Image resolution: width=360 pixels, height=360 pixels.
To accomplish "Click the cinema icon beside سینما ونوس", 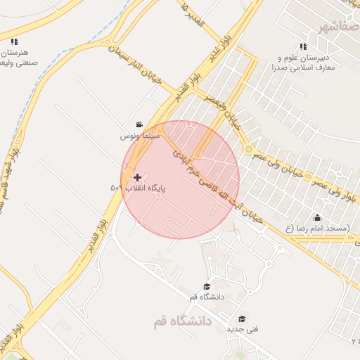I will point(139,123).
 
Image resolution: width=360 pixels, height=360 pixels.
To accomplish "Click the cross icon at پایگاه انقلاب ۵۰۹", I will point(136,177).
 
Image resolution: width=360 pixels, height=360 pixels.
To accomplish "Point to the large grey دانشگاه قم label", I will point(176,321).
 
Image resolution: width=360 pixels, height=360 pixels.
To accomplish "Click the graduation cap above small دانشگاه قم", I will point(207,286).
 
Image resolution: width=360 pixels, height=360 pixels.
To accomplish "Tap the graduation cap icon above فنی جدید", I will point(243,318).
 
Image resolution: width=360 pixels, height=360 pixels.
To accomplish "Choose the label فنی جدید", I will point(243,328).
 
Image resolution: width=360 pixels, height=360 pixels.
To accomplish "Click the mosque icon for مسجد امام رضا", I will point(317,217).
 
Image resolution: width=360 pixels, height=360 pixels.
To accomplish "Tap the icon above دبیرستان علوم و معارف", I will point(303,46).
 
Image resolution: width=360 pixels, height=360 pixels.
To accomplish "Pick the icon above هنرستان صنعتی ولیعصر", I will point(14,41).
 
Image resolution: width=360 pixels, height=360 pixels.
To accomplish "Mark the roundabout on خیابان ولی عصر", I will point(248,149).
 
